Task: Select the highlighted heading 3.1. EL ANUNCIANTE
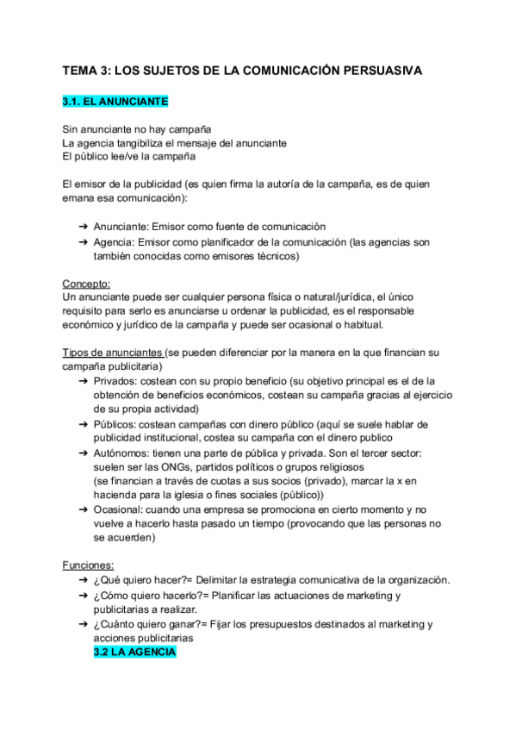(x=115, y=102)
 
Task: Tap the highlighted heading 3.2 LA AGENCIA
(x=134, y=653)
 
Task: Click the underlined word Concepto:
(x=86, y=284)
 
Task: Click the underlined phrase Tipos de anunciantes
(x=113, y=353)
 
